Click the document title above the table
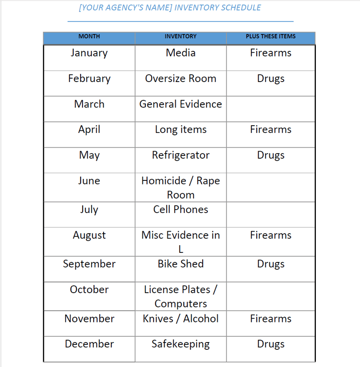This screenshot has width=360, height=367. pos(170,8)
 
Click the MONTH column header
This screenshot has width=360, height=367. pos(89,36)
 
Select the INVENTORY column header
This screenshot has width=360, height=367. pos(180,36)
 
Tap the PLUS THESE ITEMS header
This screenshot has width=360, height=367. pos(271,36)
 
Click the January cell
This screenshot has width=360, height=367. pos(89,53)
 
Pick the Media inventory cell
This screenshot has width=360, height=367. pos(180,53)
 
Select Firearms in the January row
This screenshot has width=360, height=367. pos(271,53)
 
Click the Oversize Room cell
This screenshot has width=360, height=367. pos(180,79)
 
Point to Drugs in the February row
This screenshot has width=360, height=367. pos(271,79)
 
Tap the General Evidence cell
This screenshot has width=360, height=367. pos(180,104)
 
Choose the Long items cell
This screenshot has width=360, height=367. pos(180,130)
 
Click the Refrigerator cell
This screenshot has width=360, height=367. pos(180,155)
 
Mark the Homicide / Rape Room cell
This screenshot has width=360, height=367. pos(180,188)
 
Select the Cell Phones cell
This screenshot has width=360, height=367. pos(180,210)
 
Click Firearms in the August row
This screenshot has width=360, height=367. pos(271,235)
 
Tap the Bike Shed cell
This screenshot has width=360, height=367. pos(180,264)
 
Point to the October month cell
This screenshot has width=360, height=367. pos(89,290)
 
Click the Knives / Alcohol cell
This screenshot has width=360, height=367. pos(180,319)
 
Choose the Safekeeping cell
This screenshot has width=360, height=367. pos(180,344)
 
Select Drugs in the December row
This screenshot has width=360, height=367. pos(271,344)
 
